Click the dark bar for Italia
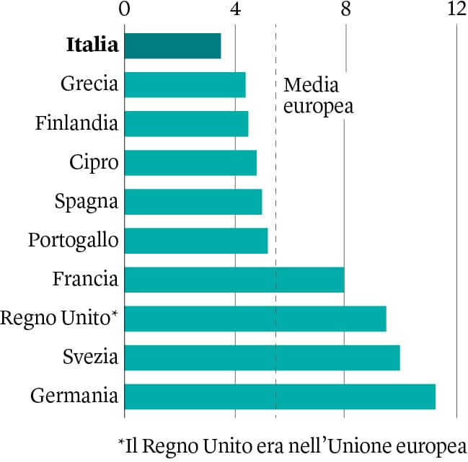click(172, 45)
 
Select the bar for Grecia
click(185, 84)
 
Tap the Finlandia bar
click(186, 123)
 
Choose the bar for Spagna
click(193, 201)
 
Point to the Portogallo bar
click(196, 240)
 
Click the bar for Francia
click(234, 280)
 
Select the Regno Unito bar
click(255, 319)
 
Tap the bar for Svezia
click(262, 357)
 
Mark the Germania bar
click(280, 396)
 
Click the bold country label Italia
click(92, 45)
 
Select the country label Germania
click(74, 396)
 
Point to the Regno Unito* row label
click(59, 318)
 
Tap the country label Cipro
click(94, 162)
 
